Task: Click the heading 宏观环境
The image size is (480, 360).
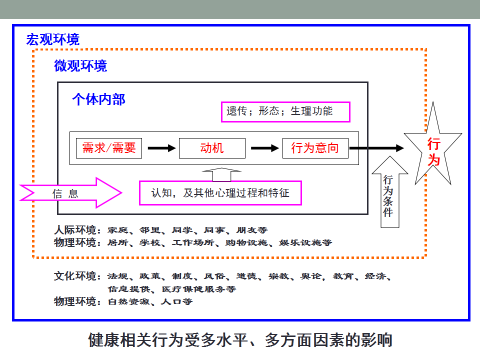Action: coord(52,39)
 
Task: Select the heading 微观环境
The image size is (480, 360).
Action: coord(80,66)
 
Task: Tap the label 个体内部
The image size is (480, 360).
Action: coord(98,99)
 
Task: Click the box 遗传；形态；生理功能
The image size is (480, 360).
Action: coord(285,111)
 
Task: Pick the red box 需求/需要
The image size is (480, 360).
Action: coord(109,148)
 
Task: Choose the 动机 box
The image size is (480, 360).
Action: coord(212,148)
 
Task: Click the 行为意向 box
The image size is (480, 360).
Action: coord(315,148)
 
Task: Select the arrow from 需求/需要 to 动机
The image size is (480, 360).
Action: coord(161,148)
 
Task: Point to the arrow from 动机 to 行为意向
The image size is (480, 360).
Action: coord(265,148)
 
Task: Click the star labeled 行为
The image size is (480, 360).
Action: coord(433,147)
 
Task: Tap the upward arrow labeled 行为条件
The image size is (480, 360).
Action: coord(389,196)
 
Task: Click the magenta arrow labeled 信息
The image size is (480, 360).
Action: coord(71,193)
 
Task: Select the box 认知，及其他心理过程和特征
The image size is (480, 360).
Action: coord(220,193)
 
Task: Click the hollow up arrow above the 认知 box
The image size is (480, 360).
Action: coord(221,174)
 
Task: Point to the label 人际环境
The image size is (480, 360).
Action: coord(75,229)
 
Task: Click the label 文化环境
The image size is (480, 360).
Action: coord(75,276)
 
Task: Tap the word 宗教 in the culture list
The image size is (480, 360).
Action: coord(278,276)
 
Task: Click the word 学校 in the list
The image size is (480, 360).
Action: coord(149,243)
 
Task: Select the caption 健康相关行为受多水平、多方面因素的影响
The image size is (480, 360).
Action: coord(240,340)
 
